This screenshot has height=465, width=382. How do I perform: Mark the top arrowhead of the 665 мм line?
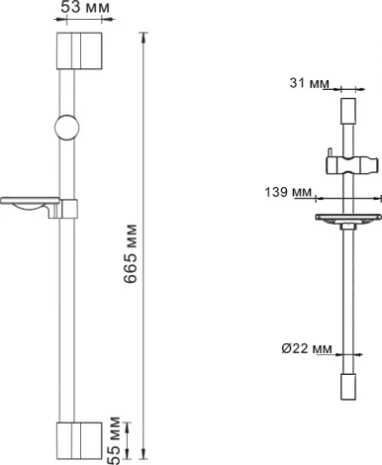pyautogui.click(x=144, y=39)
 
